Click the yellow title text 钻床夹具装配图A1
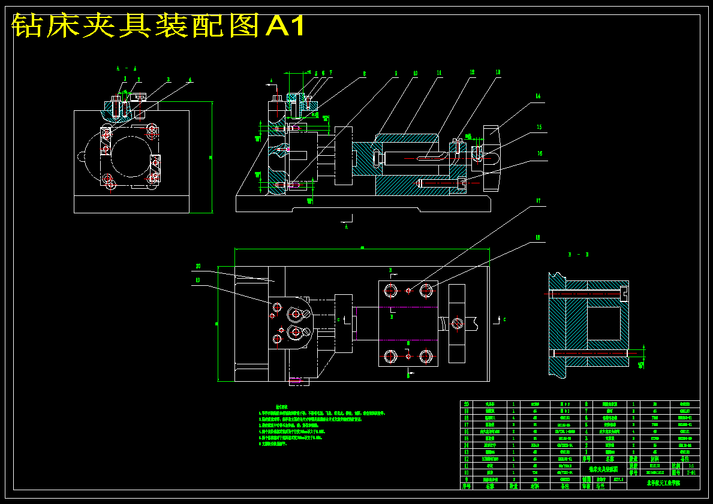tap(159, 26)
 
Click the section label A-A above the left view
tap(126, 68)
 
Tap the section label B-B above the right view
tap(578, 255)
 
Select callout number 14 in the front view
tap(538, 96)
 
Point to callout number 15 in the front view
tap(539, 127)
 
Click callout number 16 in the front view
tap(539, 153)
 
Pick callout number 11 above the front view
tap(439, 73)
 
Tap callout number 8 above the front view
tap(364, 75)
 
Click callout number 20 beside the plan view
tap(198, 266)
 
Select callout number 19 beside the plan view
tap(197, 279)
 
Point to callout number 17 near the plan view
tap(538, 202)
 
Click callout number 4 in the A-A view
tap(190, 80)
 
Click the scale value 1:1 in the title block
tap(691, 465)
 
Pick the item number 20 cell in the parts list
tap(466, 405)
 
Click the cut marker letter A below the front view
tap(346, 227)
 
